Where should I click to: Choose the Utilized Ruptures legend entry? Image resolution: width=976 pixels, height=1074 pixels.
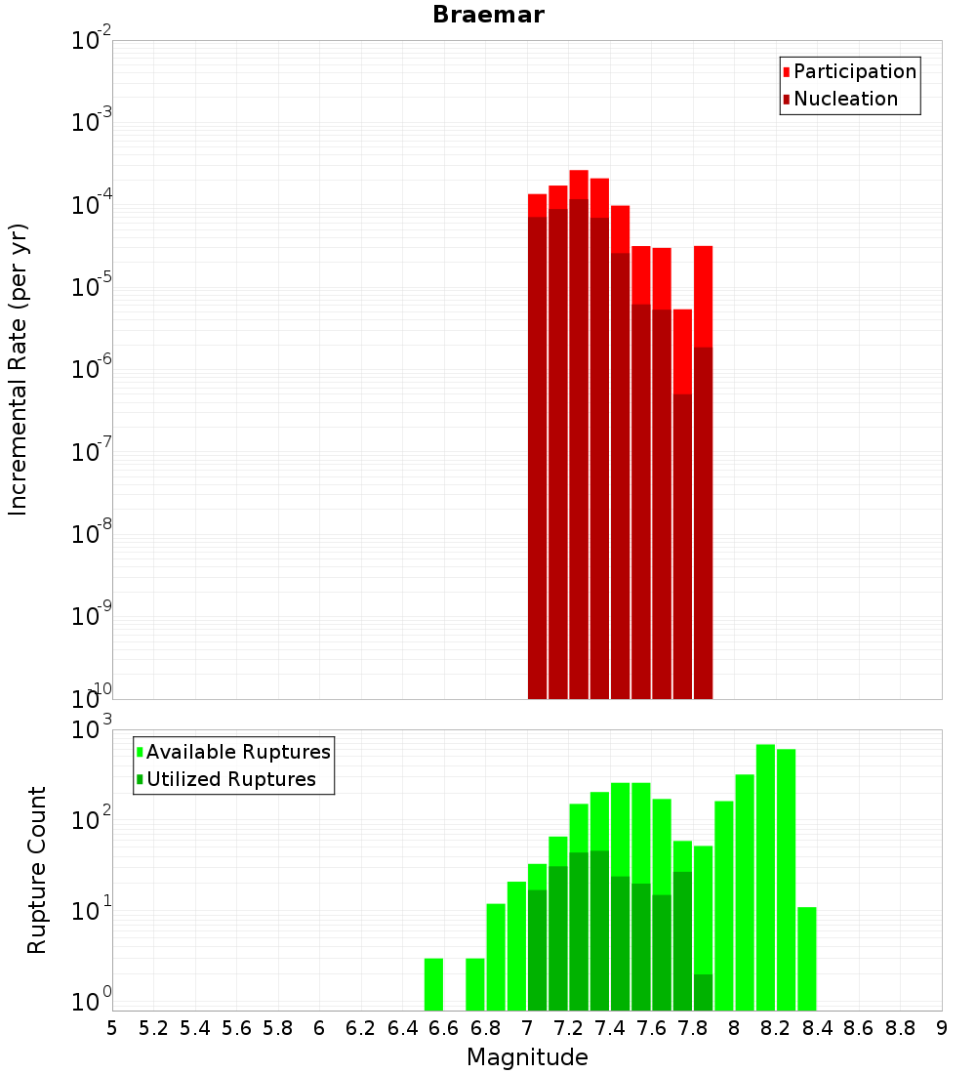[230, 779]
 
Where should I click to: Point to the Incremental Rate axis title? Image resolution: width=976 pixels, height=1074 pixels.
[18, 369]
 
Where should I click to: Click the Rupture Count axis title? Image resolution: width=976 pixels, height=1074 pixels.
[36, 869]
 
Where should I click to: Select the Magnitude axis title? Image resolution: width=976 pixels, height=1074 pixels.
[527, 1057]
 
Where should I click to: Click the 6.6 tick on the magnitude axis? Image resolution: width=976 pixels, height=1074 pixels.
[444, 1028]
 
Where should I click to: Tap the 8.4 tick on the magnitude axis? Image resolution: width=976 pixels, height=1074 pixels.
[817, 1028]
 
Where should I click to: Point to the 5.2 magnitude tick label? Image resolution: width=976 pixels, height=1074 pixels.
[153, 1028]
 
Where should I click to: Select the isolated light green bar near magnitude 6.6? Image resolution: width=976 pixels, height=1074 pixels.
[433, 984]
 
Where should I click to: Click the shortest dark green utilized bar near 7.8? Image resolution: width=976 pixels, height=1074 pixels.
[704, 992]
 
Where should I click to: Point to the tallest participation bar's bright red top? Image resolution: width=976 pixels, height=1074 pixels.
[579, 185]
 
